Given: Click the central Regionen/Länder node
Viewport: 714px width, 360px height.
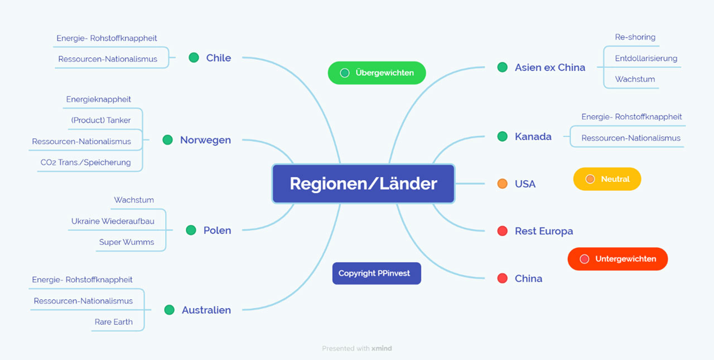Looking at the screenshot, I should (363, 184).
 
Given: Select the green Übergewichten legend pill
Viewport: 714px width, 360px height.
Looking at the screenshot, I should (377, 73).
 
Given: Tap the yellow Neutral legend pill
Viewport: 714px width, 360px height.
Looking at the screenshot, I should (607, 179).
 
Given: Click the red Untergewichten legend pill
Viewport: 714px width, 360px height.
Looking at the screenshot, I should (617, 259).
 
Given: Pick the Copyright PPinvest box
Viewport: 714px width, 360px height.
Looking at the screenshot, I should (377, 273).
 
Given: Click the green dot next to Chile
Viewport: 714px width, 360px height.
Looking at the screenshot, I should (194, 57).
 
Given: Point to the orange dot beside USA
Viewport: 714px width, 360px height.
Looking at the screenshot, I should (502, 184).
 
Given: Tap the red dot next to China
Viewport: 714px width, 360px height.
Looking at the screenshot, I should (502, 278).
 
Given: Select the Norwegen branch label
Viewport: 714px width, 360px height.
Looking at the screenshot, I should (205, 140).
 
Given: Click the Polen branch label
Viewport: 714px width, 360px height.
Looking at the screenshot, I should (217, 230).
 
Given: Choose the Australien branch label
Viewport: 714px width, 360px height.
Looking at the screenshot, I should (206, 310).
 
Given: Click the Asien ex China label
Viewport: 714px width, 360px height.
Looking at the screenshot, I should (550, 68).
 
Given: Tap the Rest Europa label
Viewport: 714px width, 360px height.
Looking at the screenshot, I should (544, 231).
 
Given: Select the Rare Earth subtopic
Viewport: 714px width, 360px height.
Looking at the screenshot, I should (114, 321).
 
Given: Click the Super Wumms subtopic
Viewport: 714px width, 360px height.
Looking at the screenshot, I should (127, 242).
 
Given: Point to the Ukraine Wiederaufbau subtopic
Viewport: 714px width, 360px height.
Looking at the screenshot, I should (113, 221).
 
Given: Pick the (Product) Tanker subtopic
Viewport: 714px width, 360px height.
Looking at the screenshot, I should (101, 120).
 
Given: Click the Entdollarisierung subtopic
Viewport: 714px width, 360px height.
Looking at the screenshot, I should (646, 58).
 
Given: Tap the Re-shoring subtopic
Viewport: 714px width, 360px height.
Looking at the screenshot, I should (635, 37).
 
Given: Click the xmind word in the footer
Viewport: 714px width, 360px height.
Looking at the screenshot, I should (382, 348).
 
